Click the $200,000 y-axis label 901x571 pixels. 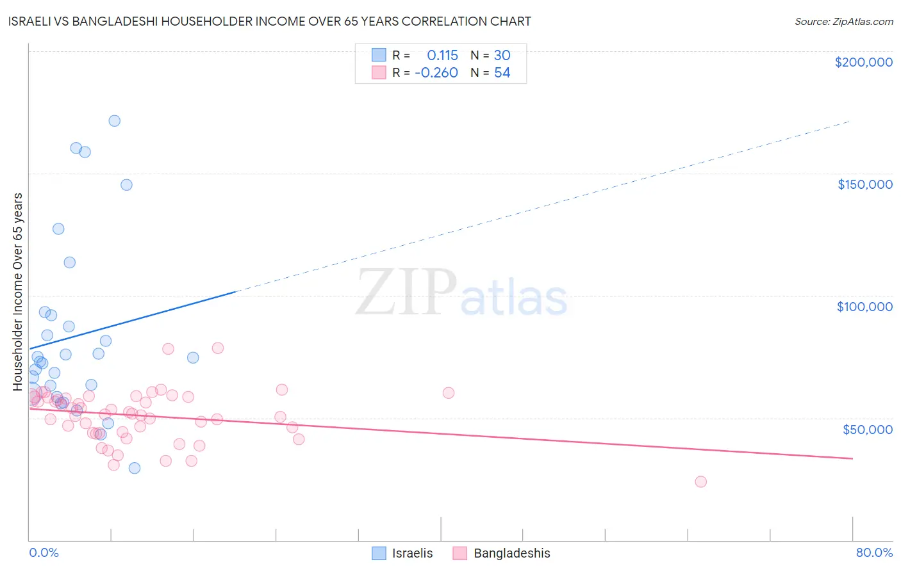tap(863, 62)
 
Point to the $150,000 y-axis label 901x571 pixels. tap(864, 184)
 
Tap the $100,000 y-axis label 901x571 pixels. tap(864, 307)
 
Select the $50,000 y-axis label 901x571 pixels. tap(867, 429)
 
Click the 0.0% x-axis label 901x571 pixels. tap(44, 552)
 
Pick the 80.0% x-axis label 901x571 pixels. tap(874, 552)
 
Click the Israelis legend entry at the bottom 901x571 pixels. tap(402, 553)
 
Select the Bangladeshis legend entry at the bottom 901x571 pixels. tap(501, 553)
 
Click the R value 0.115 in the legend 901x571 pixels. tap(442, 56)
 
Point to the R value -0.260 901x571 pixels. tap(436, 73)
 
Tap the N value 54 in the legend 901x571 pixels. tap(502, 73)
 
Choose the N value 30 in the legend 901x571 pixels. tap(502, 56)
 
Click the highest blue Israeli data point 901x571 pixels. tap(115, 121)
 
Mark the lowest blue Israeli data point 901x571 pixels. tap(135, 468)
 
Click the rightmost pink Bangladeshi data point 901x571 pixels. tap(701, 481)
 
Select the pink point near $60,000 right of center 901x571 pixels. tap(449, 393)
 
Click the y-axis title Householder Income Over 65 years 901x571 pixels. tap(18, 291)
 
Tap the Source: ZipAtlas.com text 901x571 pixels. tap(843, 22)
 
